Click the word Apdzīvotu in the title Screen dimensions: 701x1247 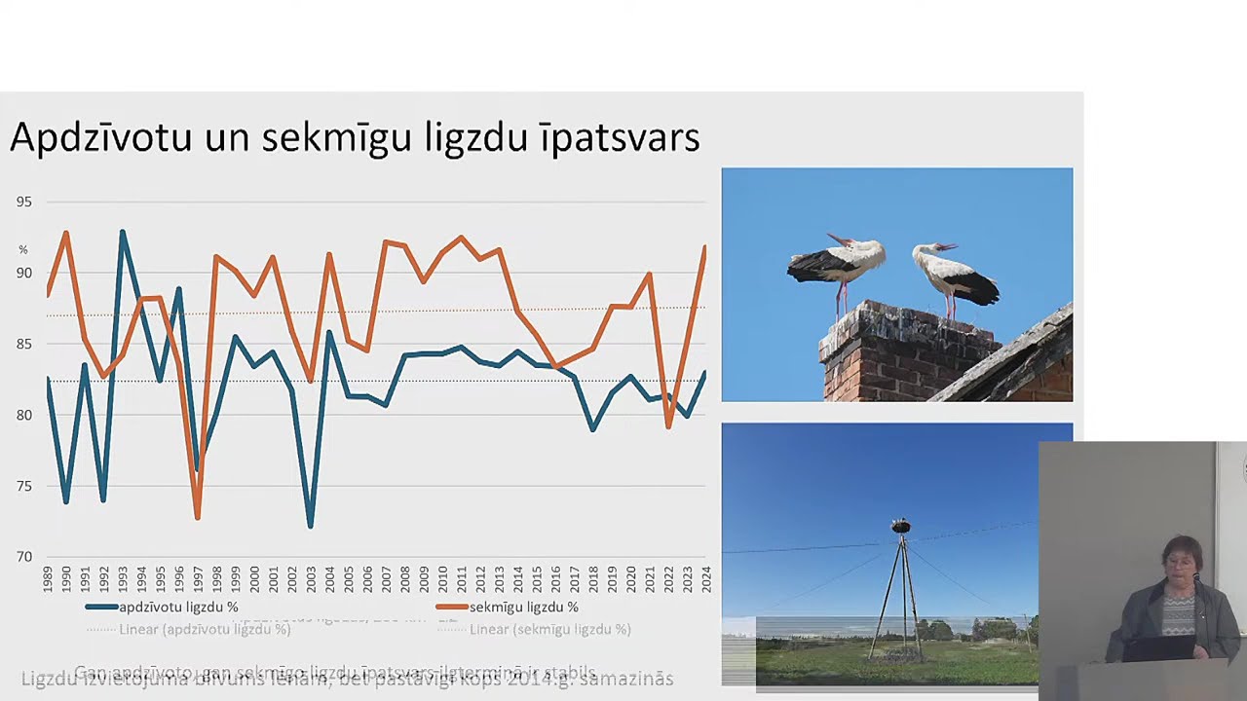100,138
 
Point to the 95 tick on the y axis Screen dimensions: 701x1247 23,202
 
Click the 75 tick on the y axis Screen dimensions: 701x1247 23,486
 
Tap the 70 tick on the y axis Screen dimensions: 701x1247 23,557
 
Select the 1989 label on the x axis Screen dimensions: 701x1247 48,579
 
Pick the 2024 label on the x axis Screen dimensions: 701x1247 705,579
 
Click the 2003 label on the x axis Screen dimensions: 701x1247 311,579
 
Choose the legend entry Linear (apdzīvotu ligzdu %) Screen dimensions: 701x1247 205,629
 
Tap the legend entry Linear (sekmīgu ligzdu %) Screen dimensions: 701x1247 549,629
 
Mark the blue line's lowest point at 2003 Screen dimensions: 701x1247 311,527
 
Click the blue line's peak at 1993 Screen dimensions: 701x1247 123,232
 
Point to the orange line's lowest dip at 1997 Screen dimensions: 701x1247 198,518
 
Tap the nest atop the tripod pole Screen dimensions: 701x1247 901,527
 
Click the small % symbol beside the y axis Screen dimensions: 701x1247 23,250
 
